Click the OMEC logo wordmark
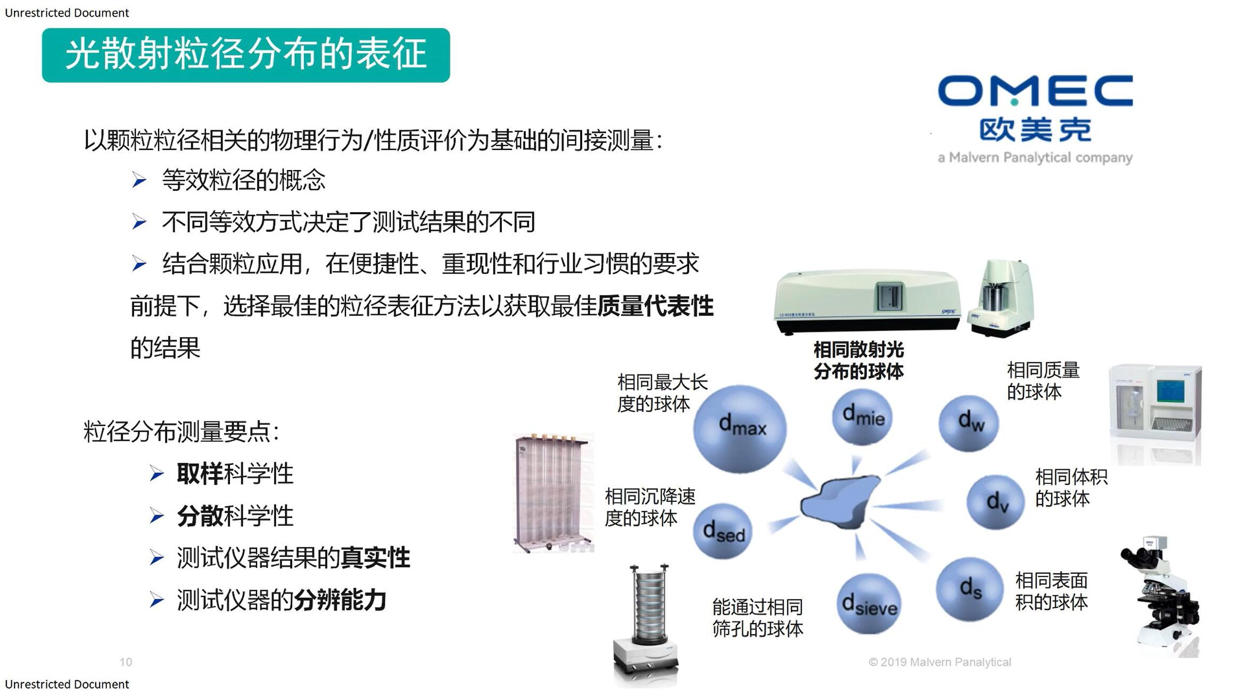[1035, 90]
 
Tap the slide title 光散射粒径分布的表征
[246, 54]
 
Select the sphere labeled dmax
[740, 429]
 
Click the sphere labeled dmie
[862, 416]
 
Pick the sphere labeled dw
[969, 423]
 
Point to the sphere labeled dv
[996, 502]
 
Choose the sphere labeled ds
[969, 589]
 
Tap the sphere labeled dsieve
[869, 604]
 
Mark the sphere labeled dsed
[723, 531]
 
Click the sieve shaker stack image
[646, 625]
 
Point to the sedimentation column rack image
[553, 493]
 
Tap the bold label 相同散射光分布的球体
[858, 360]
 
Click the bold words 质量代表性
[655, 306]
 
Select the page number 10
[126, 662]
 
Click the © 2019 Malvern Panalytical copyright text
[940, 662]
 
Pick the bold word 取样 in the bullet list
[200, 474]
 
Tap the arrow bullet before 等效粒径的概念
[139, 180]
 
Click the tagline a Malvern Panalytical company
[1035, 158]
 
